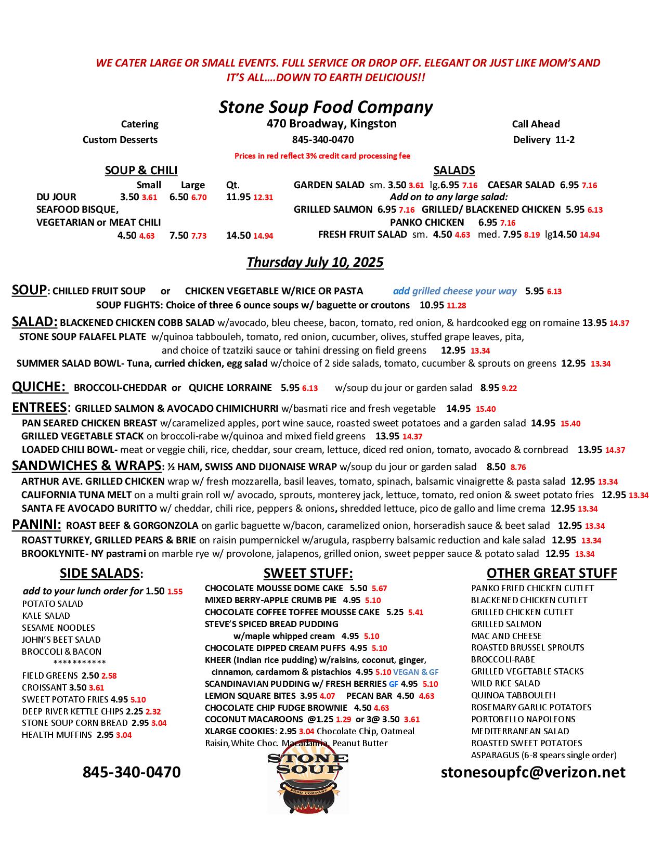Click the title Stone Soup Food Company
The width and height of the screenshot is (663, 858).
pos(326,107)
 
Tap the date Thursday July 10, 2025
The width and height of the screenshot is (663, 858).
pos(315,262)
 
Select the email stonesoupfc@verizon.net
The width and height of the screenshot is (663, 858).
pos(533,772)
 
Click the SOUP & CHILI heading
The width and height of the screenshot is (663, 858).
pos(141,171)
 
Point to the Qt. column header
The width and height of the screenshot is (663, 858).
pos(232,185)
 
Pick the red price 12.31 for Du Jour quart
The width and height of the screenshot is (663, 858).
pos(263,198)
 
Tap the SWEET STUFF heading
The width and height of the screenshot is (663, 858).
pos(308,573)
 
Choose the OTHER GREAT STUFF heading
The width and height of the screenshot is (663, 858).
pos(552,573)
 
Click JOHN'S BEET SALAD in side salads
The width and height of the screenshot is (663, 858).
pos(61,640)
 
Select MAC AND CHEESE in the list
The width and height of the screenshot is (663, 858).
pos(506,636)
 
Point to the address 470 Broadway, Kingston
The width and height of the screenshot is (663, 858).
pos(331,124)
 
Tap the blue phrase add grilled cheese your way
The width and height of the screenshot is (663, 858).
pos(454,291)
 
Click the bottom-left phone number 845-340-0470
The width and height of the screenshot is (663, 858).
pos(132,772)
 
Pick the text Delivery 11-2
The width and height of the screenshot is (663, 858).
pos(543,139)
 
